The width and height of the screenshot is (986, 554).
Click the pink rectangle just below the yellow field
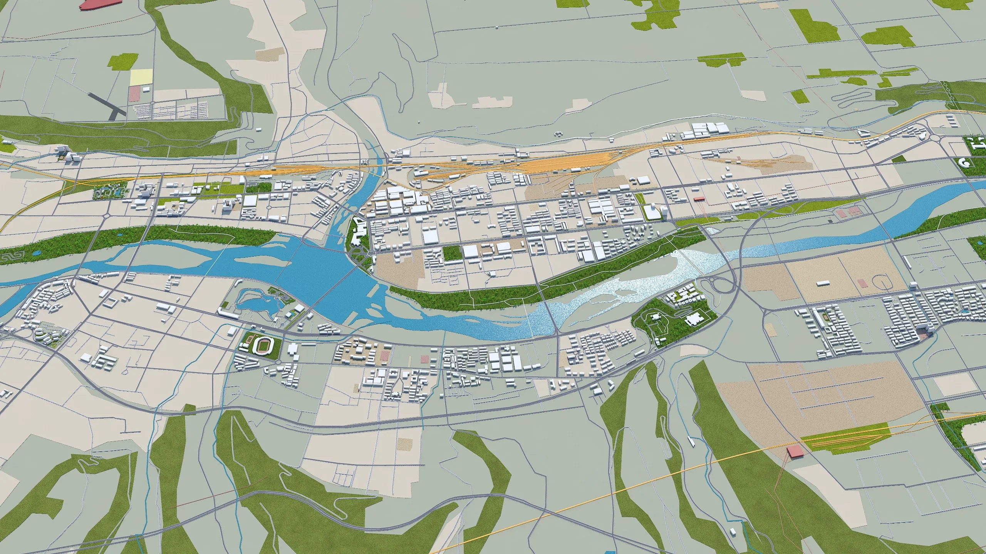[x=134, y=93]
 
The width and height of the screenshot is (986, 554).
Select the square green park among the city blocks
[x=452, y=253]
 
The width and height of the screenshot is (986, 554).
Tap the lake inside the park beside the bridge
[x=254, y=302]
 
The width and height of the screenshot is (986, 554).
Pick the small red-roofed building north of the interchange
[x=699, y=199]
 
